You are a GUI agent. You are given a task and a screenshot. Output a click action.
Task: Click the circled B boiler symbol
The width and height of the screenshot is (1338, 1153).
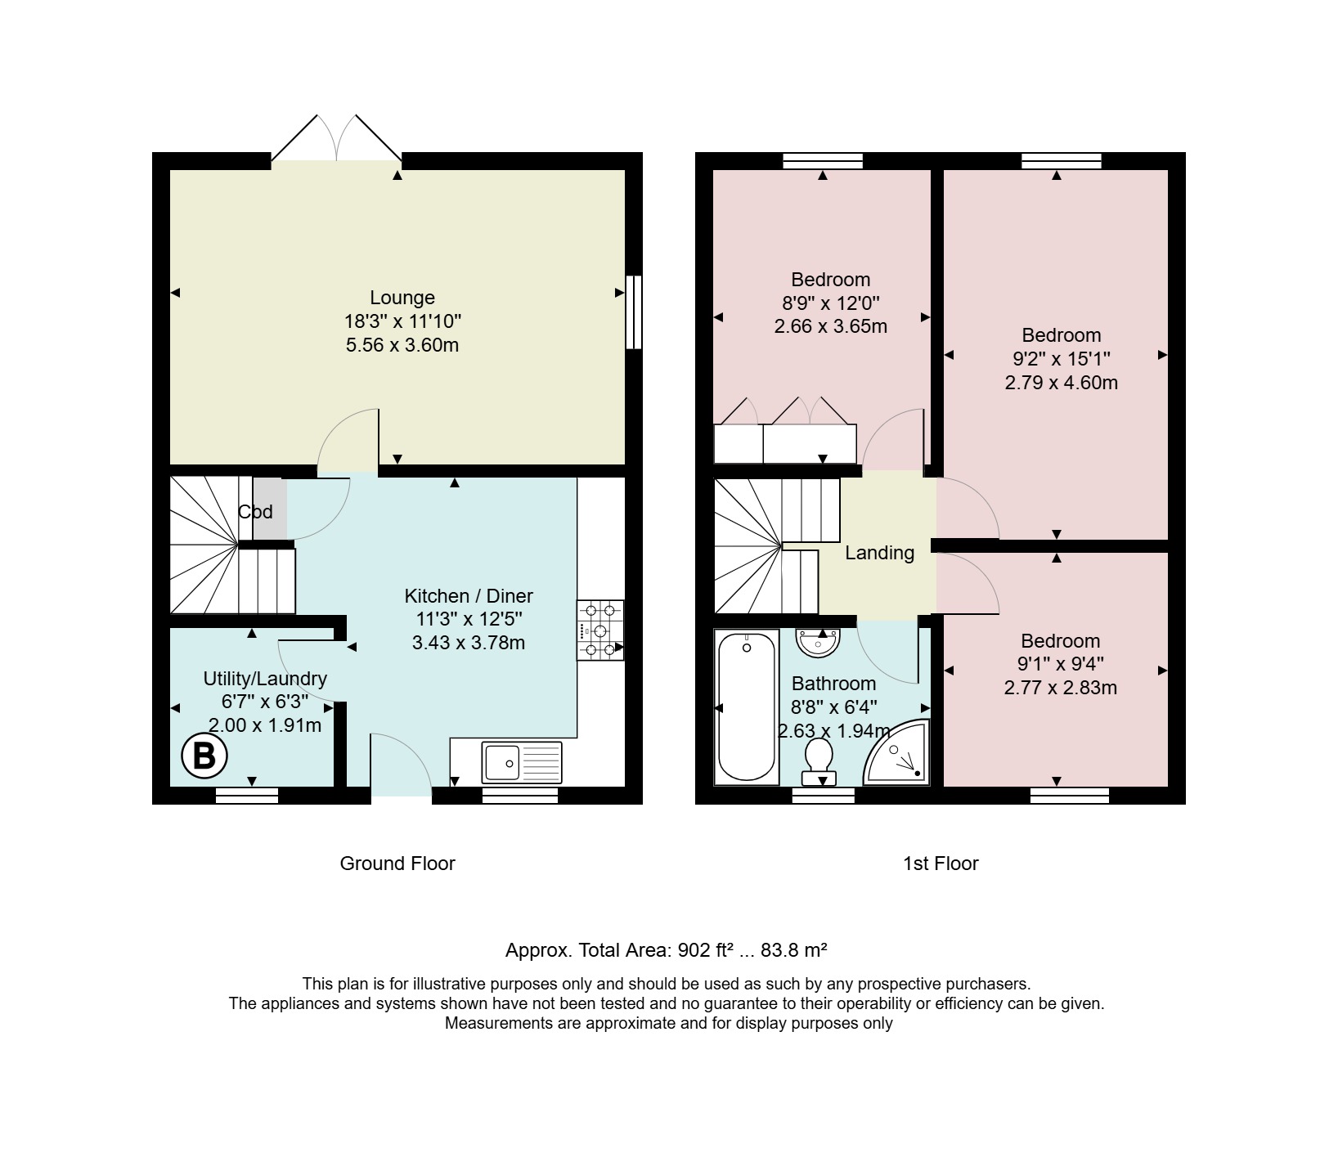pyautogui.click(x=204, y=756)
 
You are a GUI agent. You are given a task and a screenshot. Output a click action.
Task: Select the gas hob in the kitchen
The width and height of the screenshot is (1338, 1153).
pyautogui.click(x=600, y=630)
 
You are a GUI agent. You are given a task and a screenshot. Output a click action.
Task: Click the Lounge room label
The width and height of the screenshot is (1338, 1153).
pyautogui.click(x=402, y=298)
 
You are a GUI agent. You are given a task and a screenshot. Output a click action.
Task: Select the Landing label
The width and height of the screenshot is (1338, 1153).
pyautogui.click(x=879, y=553)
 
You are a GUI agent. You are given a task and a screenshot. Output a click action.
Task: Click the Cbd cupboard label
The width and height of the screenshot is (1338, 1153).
pyautogui.click(x=255, y=512)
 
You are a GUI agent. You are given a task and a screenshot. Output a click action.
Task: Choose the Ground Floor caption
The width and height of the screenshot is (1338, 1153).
pyautogui.click(x=397, y=864)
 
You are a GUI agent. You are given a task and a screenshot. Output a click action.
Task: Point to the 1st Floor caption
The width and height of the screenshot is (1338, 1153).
pyautogui.click(x=941, y=864)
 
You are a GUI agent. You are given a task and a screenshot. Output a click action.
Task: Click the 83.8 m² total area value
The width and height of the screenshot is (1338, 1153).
pyautogui.click(x=794, y=950)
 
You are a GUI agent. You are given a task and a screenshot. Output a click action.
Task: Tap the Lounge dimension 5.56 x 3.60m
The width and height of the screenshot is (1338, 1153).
pyautogui.click(x=402, y=345)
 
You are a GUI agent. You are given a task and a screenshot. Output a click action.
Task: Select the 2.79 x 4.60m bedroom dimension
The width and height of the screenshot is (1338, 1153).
pyautogui.click(x=1062, y=383)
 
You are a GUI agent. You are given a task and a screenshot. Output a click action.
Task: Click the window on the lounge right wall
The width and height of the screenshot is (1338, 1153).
pyautogui.click(x=633, y=312)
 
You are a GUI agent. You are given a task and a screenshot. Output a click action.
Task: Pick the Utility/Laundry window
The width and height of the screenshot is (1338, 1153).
pyautogui.click(x=247, y=795)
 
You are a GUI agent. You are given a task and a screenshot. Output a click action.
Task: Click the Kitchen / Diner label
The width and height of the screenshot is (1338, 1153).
pyautogui.click(x=469, y=596)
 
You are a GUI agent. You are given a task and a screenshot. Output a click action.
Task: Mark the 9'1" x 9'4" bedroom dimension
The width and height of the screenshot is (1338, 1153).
pyautogui.click(x=1061, y=664)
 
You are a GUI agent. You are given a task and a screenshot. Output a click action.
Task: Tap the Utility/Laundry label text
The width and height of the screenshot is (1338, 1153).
pyautogui.click(x=265, y=679)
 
